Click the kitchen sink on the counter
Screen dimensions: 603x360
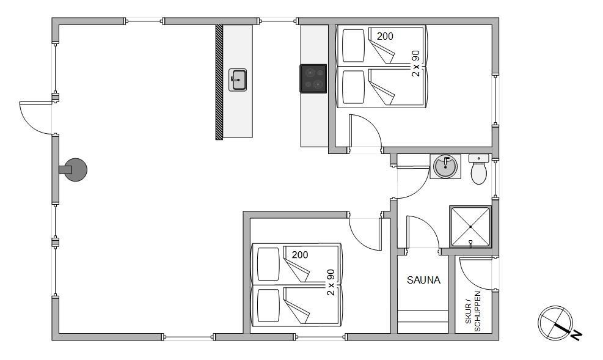click(237, 80)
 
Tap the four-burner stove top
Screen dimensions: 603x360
click(313, 79)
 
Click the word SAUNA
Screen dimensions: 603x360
click(423, 280)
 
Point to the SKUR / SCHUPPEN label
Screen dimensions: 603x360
click(473, 311)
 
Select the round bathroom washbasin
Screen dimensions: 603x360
click(445, 167)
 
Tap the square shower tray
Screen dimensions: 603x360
click(470, 227)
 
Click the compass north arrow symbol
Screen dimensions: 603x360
click(555, 323)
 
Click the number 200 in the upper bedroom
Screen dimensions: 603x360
click(385, 37)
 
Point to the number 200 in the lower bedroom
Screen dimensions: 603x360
click(300, 255)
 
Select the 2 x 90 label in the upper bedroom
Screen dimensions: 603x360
click(415, 64)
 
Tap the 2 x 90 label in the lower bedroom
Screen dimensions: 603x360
click(331, 282)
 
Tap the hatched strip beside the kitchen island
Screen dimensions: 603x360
click(219, 82)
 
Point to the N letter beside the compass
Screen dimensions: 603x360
click(577, 336)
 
